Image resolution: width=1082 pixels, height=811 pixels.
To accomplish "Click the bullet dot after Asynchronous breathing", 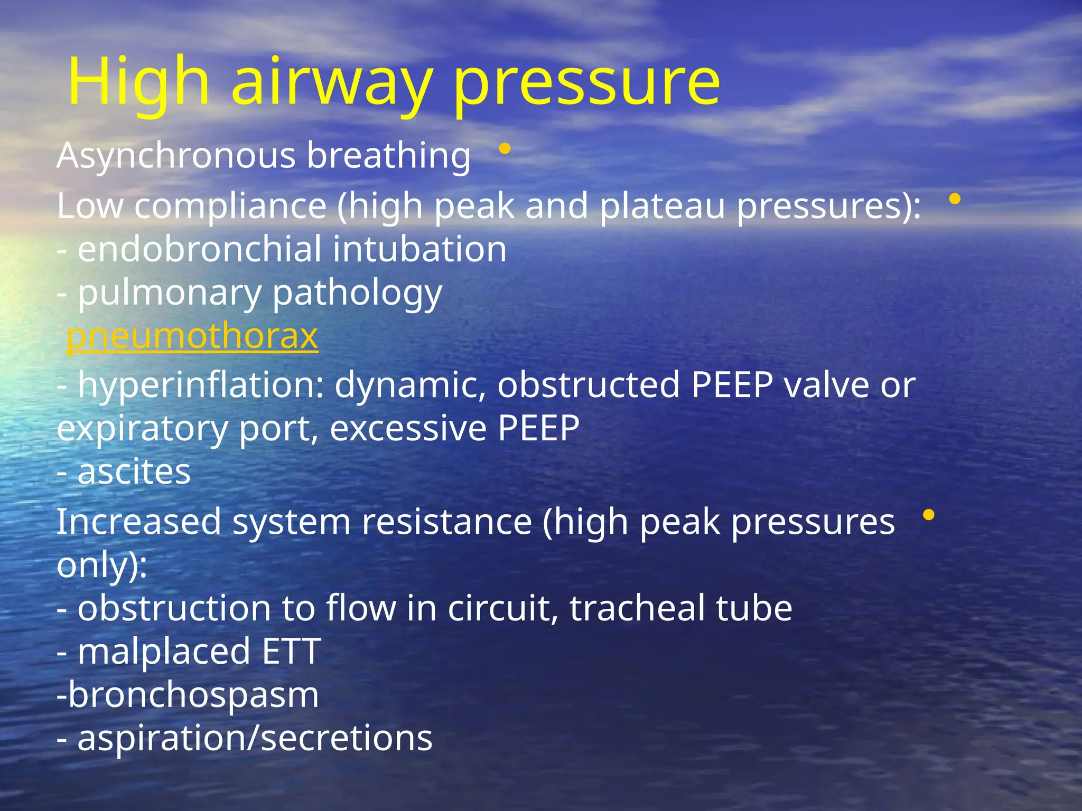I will (x=505, y=149).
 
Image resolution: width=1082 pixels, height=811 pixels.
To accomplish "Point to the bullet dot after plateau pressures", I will (x=955, y=200).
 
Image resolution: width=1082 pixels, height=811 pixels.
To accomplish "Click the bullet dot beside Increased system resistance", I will (x=928, y=514).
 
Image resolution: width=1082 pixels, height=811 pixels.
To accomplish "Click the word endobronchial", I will (x=199, y=249).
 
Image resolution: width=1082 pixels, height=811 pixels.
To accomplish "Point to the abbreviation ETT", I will (x=292, y=651).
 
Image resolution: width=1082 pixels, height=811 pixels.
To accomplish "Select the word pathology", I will (x=358, y=294).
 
